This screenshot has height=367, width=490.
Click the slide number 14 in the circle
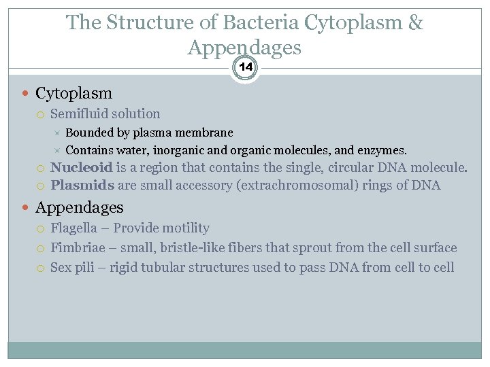[x=245, y=67]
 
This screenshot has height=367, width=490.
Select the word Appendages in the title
[x=244, y=48]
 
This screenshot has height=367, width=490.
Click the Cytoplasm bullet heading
[x=73, y=93]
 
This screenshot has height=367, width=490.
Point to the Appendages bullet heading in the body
[x=79, y=207]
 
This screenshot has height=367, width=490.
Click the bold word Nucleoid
[x=82, y=167]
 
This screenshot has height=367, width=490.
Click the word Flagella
[x=72, y=228]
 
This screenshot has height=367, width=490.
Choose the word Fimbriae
[x=75, y=248]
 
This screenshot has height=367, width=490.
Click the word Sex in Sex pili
[x=61, y=267]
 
